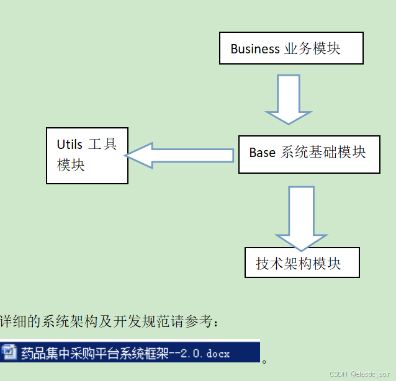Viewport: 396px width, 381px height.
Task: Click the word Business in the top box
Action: (x=255, y=48)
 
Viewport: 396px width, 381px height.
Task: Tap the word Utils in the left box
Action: (x=70, y=145)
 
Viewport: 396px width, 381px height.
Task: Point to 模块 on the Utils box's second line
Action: (x=71, y=165)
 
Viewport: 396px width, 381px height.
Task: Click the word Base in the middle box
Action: (x=262, y=152)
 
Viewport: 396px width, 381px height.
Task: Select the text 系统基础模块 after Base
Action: (x=323, y=152)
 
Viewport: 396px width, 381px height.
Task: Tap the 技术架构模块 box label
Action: (x=299, y=263)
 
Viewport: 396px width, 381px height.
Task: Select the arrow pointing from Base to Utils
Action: (x=181, y=155)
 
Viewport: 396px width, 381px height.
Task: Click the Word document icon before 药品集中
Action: (x=9, y=352)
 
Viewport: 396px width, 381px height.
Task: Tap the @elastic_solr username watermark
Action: (x=370, y=374)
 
